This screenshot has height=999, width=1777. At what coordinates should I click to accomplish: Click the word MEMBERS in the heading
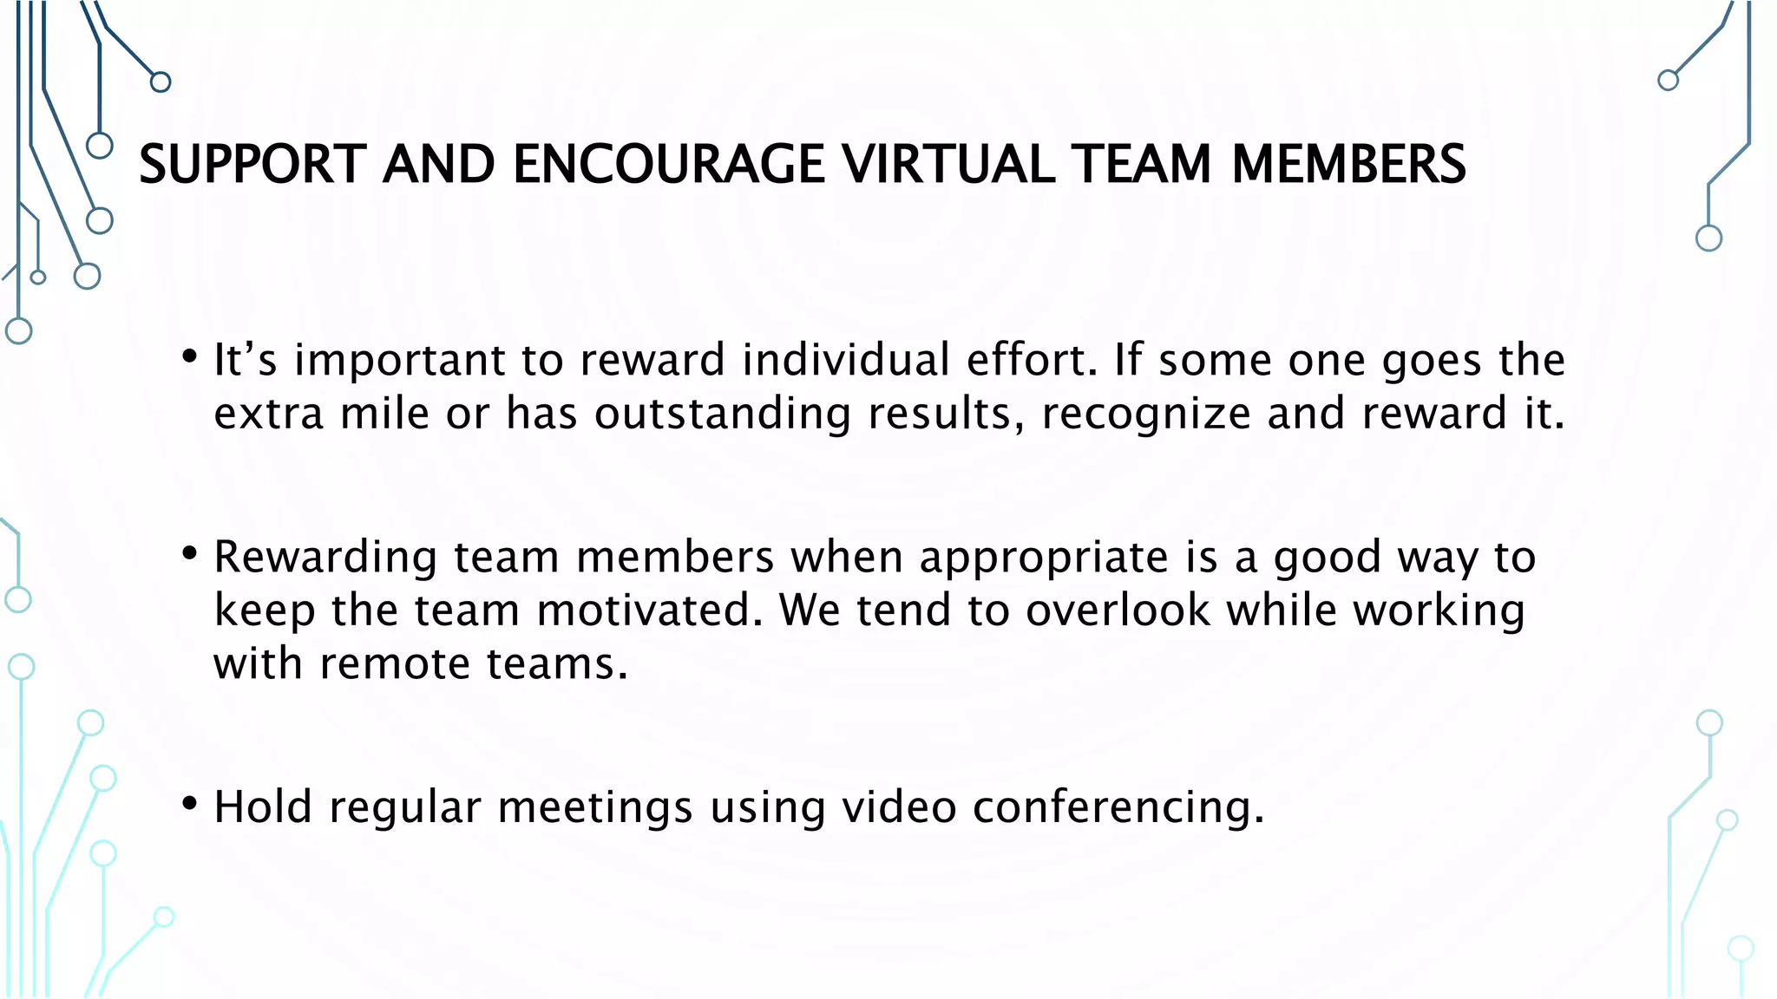(1348, 165)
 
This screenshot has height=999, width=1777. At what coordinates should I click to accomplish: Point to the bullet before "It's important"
(189, 356)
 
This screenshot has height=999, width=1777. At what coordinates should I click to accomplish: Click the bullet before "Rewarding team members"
(189, 553)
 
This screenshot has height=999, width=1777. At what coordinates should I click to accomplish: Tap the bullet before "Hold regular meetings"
(189, 803)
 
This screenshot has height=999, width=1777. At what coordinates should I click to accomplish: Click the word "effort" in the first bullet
(1029, 360)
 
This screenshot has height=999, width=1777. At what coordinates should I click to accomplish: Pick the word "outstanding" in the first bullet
(722, 414)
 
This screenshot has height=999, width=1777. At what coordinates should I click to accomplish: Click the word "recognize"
(1145, 414)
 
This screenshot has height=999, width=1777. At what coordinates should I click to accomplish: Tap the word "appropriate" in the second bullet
(1044, 558)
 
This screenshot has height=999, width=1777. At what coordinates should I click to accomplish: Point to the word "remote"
(394, 664)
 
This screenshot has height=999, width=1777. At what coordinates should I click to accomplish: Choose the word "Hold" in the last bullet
(262, 806)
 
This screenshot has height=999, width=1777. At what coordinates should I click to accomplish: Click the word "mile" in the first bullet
(384, 414)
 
